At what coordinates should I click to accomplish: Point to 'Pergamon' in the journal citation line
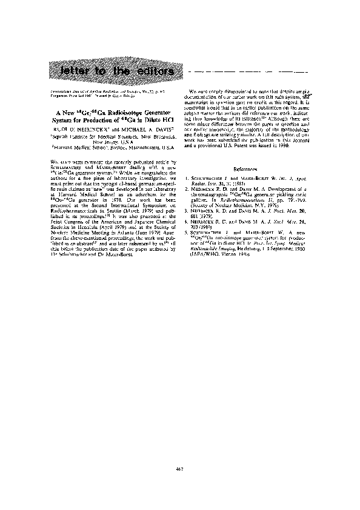coord(58,95)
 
